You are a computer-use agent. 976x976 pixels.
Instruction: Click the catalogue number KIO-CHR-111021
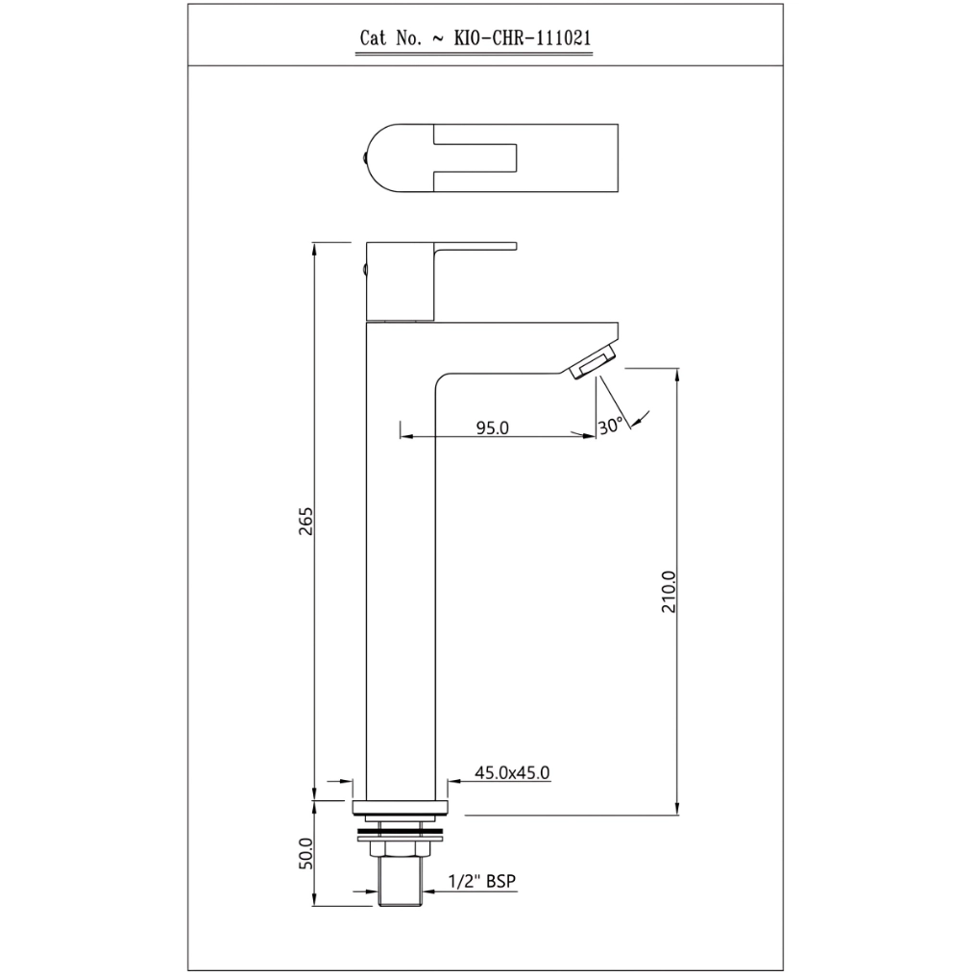[x=523, y=38]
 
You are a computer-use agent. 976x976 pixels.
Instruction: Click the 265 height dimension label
[x=306, y=521]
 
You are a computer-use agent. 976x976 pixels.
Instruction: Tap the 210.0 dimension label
[x=669, y=592]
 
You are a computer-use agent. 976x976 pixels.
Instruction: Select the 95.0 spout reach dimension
[x=493, y=427]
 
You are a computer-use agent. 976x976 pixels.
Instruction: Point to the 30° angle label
[x=610, y=426]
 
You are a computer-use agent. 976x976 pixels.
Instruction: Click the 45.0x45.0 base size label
[x=512, y=772]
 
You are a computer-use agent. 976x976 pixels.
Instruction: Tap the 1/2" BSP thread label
[x=482, y=882]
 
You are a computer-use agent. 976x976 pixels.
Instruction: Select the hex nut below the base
[x=400, y=848]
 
